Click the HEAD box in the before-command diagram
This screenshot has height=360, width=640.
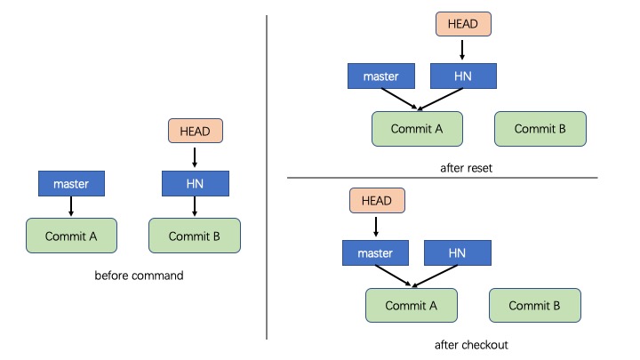195,131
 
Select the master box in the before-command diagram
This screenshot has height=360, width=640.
71,184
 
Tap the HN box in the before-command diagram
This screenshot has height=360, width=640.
196,184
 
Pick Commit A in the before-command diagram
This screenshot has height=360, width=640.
71,236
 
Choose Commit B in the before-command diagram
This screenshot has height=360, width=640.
195,236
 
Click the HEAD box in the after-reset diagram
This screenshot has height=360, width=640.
463,24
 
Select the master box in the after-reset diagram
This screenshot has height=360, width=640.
381,76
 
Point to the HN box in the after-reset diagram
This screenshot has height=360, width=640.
463,76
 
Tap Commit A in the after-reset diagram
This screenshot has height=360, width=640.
417,129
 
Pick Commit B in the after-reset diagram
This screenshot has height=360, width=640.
540,129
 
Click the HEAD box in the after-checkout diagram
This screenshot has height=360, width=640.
377,200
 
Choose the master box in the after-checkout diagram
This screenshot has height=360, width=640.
375,253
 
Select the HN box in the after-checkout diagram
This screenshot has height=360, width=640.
458,253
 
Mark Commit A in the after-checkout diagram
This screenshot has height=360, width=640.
412,305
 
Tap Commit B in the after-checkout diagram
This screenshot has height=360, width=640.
535,305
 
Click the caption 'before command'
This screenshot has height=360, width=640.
139,276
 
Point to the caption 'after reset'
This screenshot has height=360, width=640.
466,168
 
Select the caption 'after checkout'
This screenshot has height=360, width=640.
471,345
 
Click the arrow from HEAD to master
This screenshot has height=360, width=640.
376,227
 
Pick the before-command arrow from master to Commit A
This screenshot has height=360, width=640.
71,206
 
